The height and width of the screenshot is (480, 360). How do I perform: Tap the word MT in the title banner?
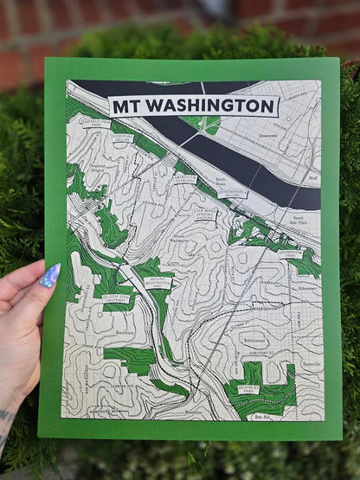tap(127, 106)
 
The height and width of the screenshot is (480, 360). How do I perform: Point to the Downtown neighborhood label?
tap(268, 135)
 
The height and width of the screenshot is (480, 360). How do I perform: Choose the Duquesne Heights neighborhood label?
tap(101, 170)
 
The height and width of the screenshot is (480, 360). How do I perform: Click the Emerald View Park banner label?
tap(94, 124)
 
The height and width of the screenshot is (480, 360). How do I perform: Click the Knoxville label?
tap(309, 365)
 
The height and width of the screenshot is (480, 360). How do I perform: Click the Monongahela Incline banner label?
tap(232, 195)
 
